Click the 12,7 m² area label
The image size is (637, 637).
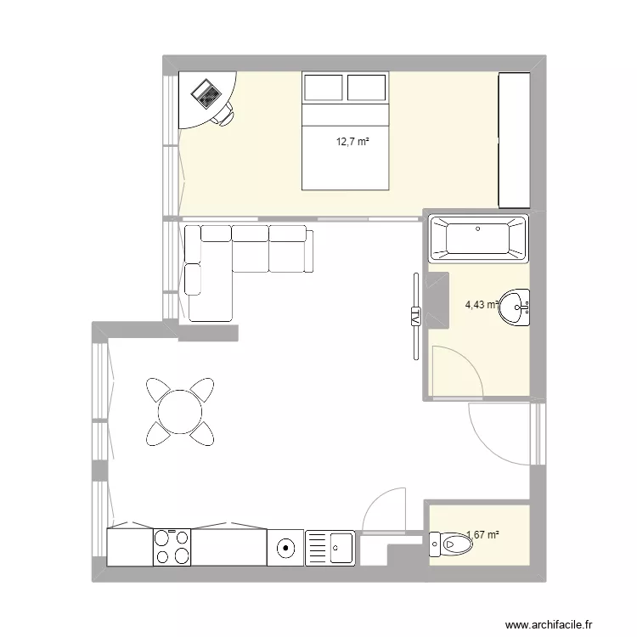pyautogui.click(x=352, y=142)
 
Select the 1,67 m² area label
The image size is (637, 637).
pyautogui.click(x=483, y=535)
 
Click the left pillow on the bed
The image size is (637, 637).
pyautogui.click(x=324, y=88)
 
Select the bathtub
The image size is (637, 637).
pyautogui.click(x=478, y=238)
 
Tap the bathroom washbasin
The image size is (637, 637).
pyautogui.click(x=515, y=307)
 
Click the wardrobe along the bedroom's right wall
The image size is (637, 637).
pyautogui.click(x=514, y=139)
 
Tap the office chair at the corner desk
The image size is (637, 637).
pyautogui.click(x=225, y=113)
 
